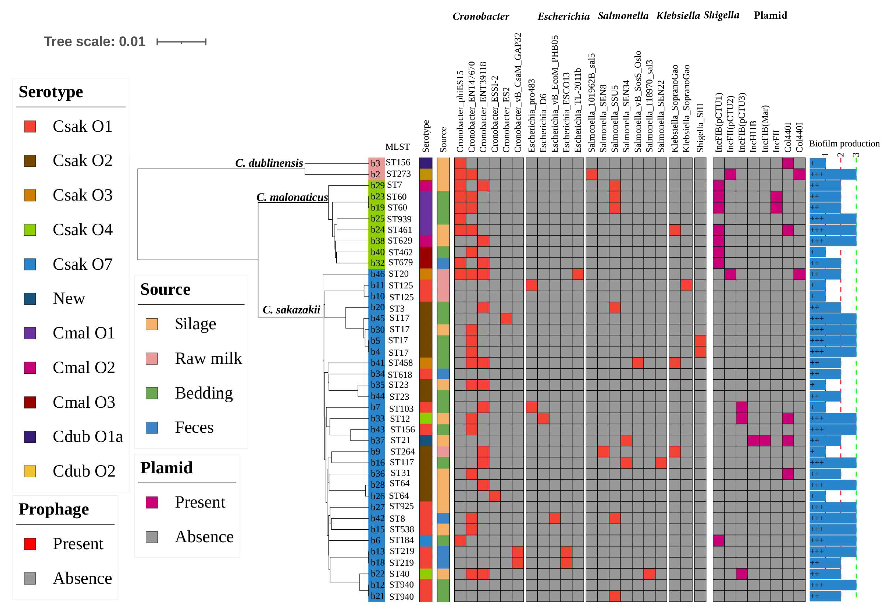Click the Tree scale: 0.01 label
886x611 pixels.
(x=94, y=41)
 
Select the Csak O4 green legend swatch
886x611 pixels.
(x=30, y=230)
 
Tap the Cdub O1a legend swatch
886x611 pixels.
(x=30, y=436)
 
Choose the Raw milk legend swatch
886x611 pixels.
(x=151, y=358)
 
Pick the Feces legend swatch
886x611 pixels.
(x=151, y=427)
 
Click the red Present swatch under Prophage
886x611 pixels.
(x=30, y=544)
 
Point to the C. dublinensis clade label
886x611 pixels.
(x=269, y=163)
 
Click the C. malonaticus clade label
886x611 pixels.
(x=292, y=197)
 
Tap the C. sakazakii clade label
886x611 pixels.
(x=291, y=310)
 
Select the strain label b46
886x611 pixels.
(x=377, y=274)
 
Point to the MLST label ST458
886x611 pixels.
(x=400, y=362)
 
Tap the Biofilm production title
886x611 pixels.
(x=844, y=144)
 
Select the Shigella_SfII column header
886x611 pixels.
(x=700, y=127)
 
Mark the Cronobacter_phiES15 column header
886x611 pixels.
(x=460, y=111)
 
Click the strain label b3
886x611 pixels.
(x=375, y=163)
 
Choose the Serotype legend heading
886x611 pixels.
(x=51, y=92)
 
